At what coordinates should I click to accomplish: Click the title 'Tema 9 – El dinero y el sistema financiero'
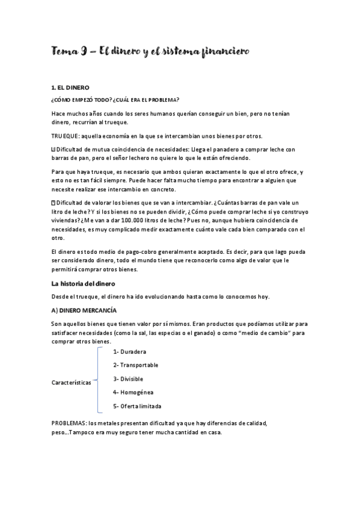150,52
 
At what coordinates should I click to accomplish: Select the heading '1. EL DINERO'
70,88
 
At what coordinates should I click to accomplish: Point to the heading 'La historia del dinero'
87,283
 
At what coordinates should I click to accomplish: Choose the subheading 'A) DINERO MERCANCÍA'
84,310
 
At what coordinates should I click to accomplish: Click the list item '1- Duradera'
129,351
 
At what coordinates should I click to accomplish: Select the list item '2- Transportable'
135,365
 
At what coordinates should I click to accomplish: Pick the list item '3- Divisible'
128,379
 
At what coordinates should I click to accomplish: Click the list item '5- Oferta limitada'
137,406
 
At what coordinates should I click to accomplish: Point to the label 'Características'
72,382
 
